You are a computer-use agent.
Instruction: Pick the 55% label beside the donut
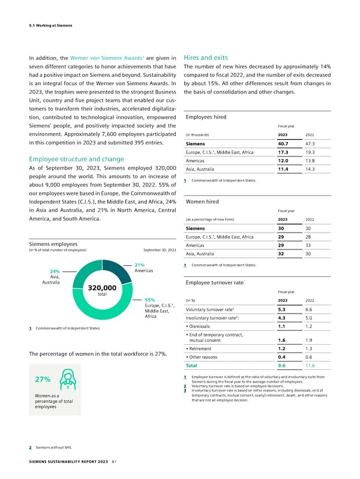pos(151,299)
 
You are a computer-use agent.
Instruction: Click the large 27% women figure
pos(42,379)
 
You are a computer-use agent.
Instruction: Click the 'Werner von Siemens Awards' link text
pos(104,58)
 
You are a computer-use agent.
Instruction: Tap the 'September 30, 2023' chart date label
pos(160,249)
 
